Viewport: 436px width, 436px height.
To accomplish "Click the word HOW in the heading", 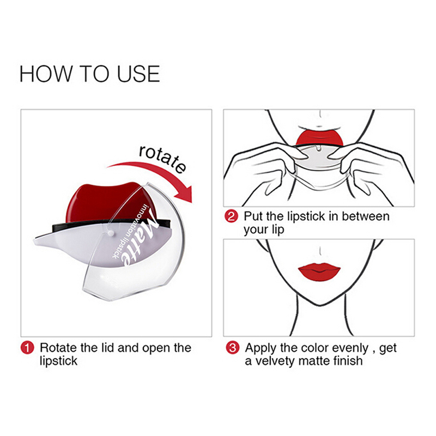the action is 45,74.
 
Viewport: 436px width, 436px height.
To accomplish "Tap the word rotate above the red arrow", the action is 162,159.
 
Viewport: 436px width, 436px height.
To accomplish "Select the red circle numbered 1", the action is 27,348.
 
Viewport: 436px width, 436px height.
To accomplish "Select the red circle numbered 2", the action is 231,216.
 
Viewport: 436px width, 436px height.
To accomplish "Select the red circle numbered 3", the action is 233,348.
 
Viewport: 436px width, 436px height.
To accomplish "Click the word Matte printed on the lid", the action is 140,237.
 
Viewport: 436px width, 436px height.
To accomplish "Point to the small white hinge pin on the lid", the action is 111,233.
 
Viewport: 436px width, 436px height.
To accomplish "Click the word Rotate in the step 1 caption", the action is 58,348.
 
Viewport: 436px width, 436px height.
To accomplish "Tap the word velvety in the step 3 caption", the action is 275,361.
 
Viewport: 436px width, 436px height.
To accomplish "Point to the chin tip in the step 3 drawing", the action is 320,306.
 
